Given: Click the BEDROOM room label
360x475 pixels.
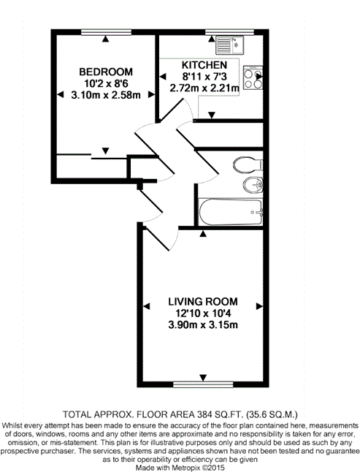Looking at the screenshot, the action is [x=106, y=72].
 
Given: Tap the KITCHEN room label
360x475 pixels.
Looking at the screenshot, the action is [x=204, y=65].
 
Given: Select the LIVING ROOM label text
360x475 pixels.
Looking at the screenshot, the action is [x=203, y=301].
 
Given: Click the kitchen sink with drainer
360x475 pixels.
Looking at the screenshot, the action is [x=229, y=45].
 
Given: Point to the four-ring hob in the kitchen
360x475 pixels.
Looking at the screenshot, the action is [x=253, y=77].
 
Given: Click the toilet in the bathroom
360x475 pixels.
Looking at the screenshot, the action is [x=248, y=164].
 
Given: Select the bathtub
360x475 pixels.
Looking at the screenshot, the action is [x=231, y=212].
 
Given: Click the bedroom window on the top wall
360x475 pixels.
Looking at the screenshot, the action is [x=106, y=32].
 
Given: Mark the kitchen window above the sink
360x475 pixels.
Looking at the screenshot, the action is [x=229, y=32].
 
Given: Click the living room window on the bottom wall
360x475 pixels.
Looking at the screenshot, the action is [x=203, y=384].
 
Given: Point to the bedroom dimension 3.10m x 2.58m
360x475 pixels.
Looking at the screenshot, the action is [x=106, y=95].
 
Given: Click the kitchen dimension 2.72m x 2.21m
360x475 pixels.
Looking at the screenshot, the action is [x=204, y=88].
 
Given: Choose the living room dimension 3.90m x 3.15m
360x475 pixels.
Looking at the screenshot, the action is [x=203, y=325].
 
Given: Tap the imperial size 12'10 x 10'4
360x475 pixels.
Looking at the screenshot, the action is [x=203, y=313].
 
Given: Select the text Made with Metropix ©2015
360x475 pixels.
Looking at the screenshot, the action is [x=180, y=468].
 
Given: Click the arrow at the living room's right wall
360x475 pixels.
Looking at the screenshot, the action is [x=259, y=306].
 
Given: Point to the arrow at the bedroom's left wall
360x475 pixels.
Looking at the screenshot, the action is [x=61, y=94].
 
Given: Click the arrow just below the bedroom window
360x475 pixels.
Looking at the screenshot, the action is [x=105, y=39].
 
